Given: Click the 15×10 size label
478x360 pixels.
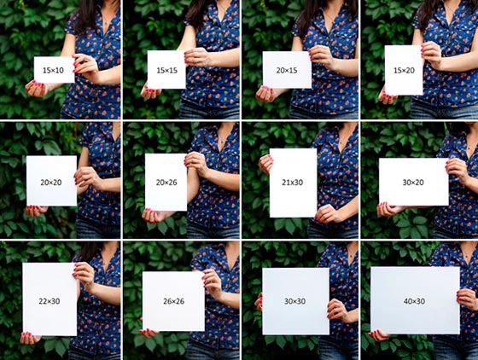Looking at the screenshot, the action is (x=53, y=70).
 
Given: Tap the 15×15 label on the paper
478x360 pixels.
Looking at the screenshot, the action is (x=167, y=70).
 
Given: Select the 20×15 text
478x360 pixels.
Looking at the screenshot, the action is (x=287, y=70).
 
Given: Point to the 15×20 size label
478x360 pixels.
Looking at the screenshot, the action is (x=404, y=70).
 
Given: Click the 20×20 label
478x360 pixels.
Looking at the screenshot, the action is (x=51, y=183).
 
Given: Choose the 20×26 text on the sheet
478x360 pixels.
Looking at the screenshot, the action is (x=166, y=183).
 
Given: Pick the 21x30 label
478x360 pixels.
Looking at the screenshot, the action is (x=292, y=183).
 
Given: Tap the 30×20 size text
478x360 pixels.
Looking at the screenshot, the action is (x=413, y=183).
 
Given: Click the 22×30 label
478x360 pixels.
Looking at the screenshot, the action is (x=50, y=301).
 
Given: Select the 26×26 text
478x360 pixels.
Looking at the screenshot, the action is (x=174, y=301).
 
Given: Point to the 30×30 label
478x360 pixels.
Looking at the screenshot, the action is (x=294, y=301).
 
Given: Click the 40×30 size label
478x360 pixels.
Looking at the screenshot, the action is (x=414, y=301).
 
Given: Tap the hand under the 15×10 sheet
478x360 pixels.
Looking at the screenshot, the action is (x=36, y=89).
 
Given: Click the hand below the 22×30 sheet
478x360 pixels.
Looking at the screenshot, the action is (x=30, y=338).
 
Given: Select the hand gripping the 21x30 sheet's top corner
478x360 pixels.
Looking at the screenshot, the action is (x=265, y=164).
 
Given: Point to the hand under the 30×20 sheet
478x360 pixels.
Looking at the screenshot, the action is (x=388, y=210).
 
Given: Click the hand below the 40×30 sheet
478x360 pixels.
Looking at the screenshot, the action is (x=379, y=336).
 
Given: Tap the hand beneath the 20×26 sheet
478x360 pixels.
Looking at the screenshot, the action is (x=153, y=216).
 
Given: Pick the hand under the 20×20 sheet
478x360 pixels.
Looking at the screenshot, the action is (x=36, y=211).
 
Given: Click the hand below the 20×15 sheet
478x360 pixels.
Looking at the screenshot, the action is (x=265, y=94).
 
